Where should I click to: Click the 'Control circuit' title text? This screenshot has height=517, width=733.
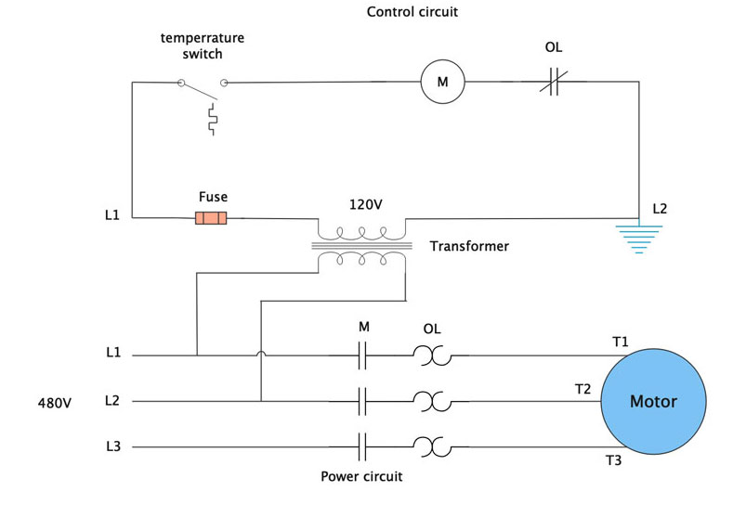coord(412,12)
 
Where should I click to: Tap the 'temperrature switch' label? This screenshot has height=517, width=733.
coord(202,45)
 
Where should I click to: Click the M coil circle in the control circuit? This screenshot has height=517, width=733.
coord(442,83)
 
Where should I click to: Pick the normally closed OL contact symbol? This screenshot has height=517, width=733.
coord(554,83)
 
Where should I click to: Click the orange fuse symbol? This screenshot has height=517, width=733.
coord(210,218)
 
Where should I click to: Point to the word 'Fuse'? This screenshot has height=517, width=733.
coord(213,197)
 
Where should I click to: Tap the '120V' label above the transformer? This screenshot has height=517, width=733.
coord(366,204)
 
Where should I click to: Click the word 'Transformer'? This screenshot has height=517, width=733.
coord(469,246)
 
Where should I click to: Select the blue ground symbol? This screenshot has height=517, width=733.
coord(639,238)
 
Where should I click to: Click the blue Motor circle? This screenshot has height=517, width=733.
coord(653,401)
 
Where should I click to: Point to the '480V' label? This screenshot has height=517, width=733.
coord(55,403)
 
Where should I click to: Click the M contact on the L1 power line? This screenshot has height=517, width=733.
coord(364,355)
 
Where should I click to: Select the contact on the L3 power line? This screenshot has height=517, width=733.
coord(364,447)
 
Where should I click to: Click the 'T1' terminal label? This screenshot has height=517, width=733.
coord(620,342)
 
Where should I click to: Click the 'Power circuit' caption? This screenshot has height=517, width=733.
coord(361,476)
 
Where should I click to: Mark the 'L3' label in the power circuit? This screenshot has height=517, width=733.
coord(113,446)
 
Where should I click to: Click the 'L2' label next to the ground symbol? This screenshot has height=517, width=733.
coord(660,209)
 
